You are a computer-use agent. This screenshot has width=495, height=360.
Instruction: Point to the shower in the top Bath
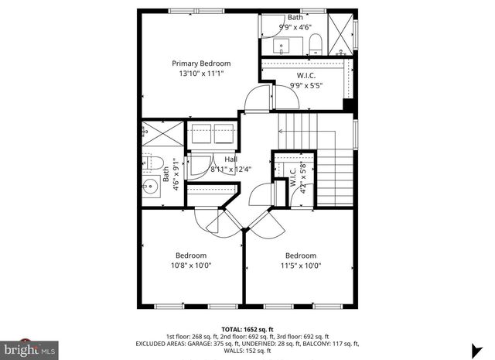[339, 29]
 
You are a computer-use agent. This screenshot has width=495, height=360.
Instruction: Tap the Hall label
[209, 159]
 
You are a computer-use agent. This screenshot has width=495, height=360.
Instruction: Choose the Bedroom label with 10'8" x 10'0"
[190, 255]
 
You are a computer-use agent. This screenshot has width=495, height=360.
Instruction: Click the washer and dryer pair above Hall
[212, 132]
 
